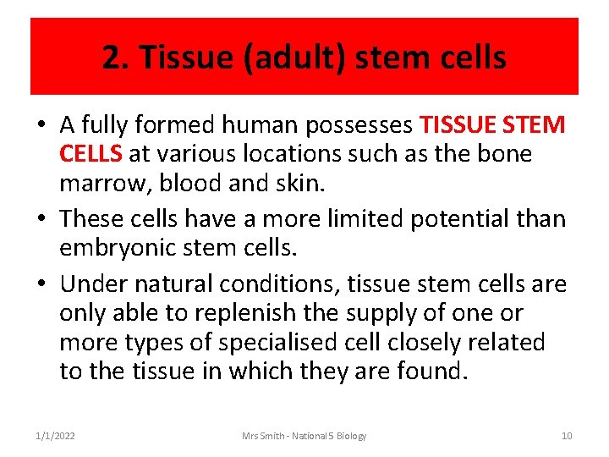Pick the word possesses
coord(359,124)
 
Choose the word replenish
coord(245,313)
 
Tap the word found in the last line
coord(430,372)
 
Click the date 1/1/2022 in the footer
coord(55,436)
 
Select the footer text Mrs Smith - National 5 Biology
coord(304,436)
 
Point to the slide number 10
coord(567,436)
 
